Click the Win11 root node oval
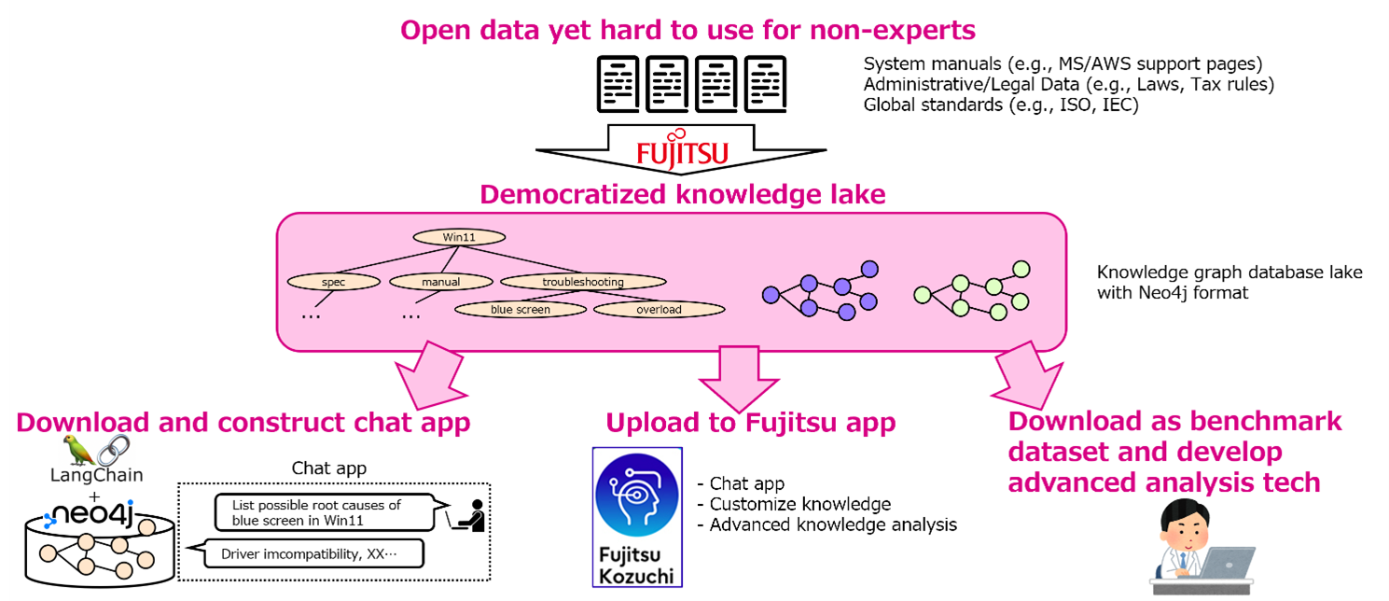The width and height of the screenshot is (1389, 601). [x=459, y=237]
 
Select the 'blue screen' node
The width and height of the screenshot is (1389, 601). [x=521, y=309]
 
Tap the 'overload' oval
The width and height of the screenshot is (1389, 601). [x=659, y=309]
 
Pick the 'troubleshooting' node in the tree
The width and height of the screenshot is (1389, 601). [x=583, y=281]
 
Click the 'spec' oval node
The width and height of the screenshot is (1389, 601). [x=333, y=281]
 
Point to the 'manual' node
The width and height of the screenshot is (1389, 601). [x=438, y=281]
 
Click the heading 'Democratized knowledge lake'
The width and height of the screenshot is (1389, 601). [x=682, y=194]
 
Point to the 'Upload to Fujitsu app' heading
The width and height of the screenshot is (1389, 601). [x=750, y=422]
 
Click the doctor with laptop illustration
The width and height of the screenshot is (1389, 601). [x=1200, y=547]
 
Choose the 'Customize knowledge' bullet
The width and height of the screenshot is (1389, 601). [x=799, y=504]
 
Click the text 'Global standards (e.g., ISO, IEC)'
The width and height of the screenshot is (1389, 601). [x=1001, y=105]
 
